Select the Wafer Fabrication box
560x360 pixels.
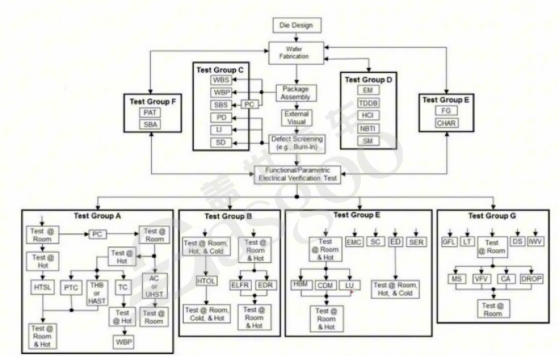tap(297, 53)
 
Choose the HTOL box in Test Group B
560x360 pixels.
tap(205, 280)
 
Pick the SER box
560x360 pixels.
tap(416, 242)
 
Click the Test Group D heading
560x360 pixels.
tap(368, 79)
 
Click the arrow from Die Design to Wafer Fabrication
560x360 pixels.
tap(297, 37)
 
